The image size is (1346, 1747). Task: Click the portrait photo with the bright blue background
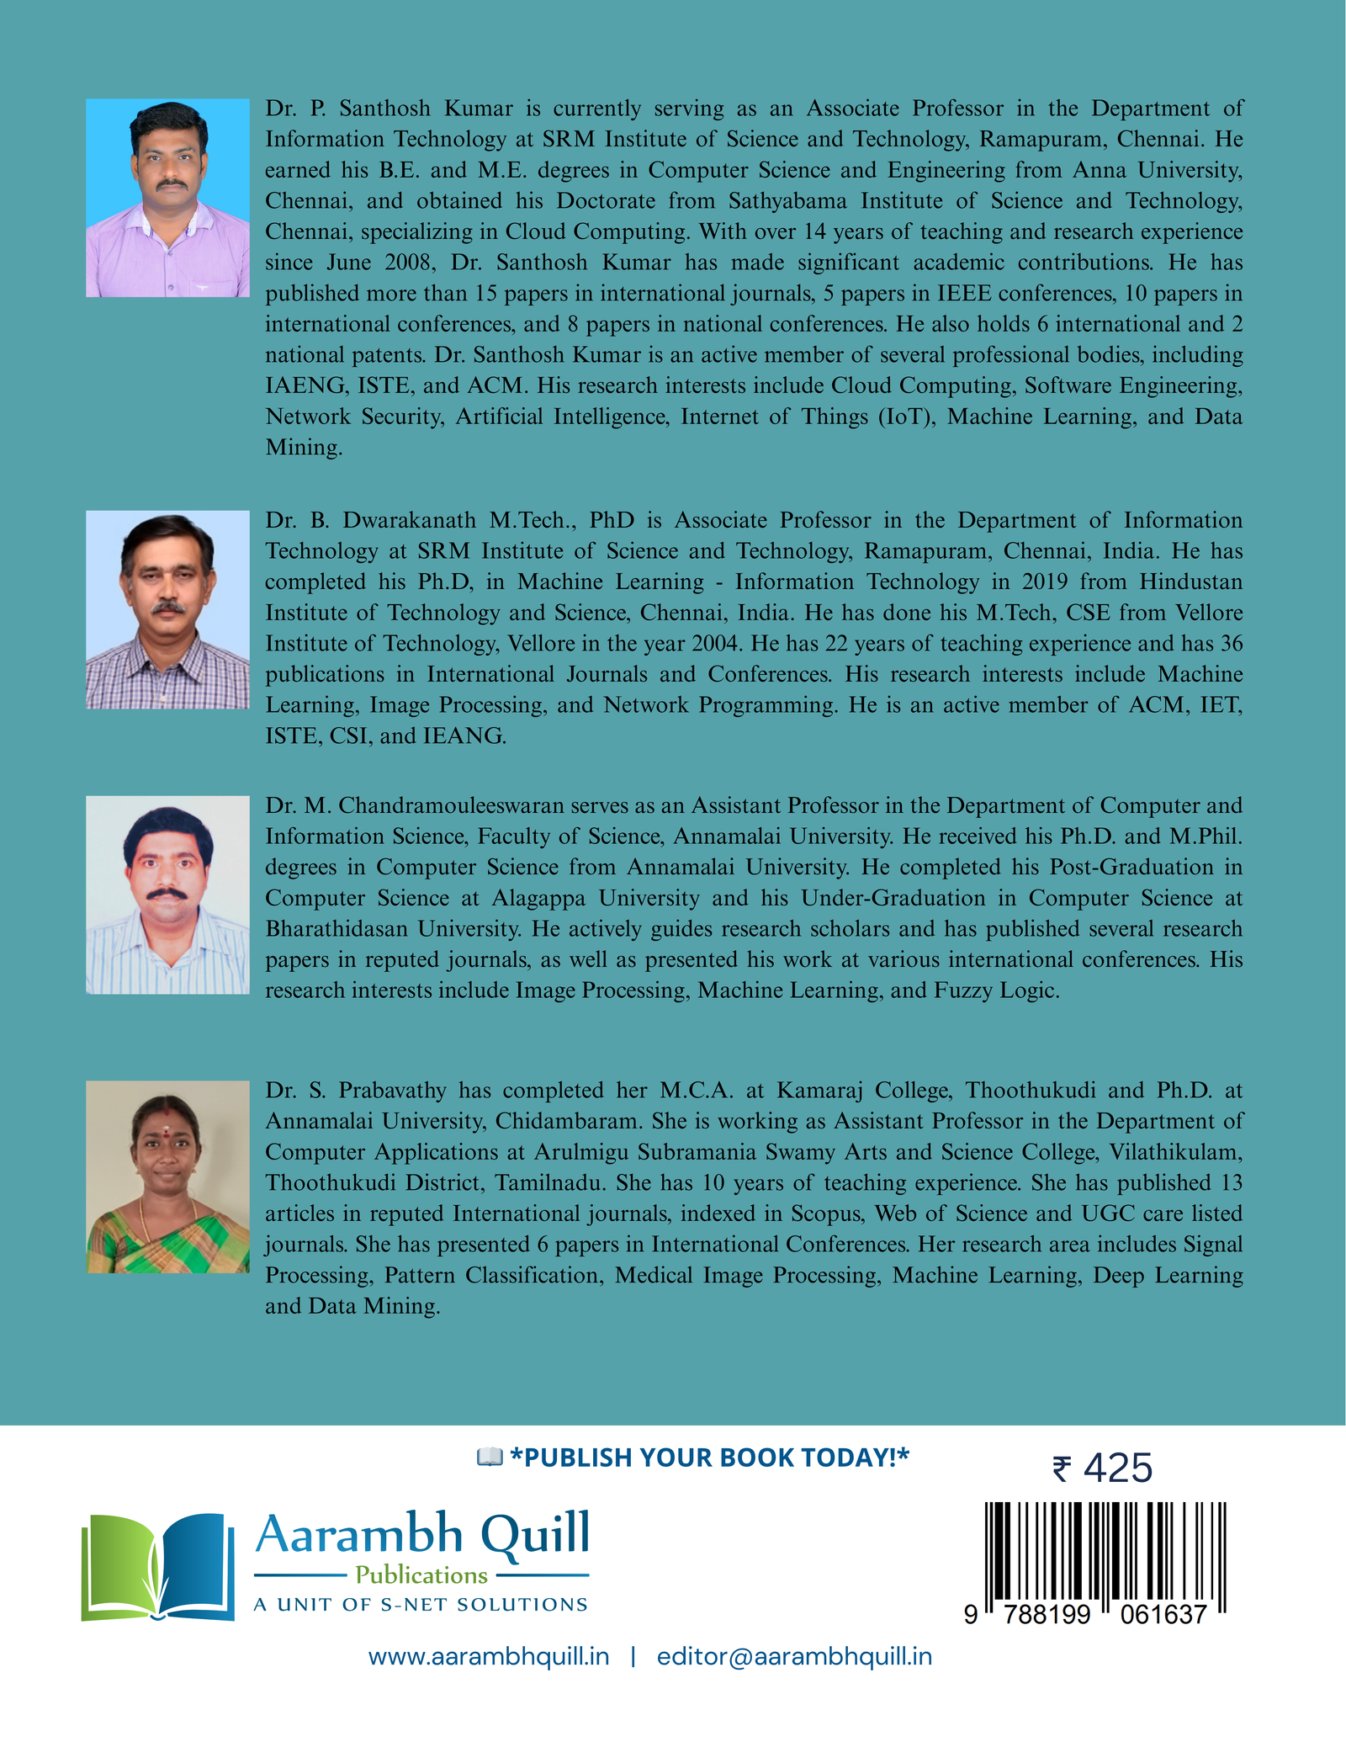(167, 198)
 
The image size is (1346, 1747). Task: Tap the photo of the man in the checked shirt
(167, 609)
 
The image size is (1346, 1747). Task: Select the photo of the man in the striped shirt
(167, 895)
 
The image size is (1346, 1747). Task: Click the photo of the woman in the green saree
(167, 1176)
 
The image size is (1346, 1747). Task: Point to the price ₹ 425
(1102, 1468)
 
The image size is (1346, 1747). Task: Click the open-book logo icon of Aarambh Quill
(157, 1567)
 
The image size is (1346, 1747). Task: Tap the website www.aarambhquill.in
(489, 1656)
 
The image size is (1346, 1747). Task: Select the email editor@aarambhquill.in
(794, 1656)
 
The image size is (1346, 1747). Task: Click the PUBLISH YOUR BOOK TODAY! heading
(709, 1458)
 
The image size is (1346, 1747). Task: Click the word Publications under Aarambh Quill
(421, 1574)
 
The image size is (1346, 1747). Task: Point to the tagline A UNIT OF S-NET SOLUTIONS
(421, 1605)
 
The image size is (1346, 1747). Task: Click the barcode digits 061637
(1163, 1614)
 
